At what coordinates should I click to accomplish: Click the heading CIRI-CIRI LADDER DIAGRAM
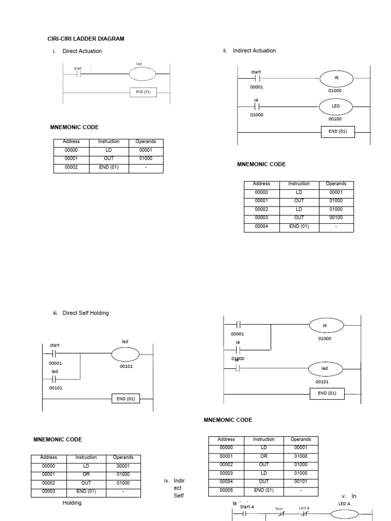pos(86,39)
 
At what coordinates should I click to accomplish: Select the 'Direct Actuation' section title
pos(82,51)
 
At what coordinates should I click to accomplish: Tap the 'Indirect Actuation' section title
pos(254,51)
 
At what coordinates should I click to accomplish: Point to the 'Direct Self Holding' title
pos(86,313)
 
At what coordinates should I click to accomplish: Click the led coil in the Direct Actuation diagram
pos(143,74)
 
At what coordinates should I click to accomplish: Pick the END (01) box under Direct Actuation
pos(143,92)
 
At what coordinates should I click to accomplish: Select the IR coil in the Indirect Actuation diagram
pos(336,78)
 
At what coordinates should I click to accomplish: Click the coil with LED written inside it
pos(336,106)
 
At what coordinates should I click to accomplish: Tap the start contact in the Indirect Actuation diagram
pos(257,78)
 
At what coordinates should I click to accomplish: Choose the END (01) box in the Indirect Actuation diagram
pos(338,131)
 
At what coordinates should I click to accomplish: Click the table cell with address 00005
pos(226,490)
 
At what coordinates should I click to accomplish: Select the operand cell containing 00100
pos(336,218)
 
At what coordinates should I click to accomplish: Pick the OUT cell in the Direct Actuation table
pos(109,159)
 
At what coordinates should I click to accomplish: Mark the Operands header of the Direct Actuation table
pos(146,141)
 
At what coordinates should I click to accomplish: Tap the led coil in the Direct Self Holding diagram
pos(125,354)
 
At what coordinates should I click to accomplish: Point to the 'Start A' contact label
pos(246,507)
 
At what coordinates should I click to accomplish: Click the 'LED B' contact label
pos(304,508)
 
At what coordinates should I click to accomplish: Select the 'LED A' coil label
pos(345,504)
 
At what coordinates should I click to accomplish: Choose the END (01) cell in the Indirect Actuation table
pos(299,226)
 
